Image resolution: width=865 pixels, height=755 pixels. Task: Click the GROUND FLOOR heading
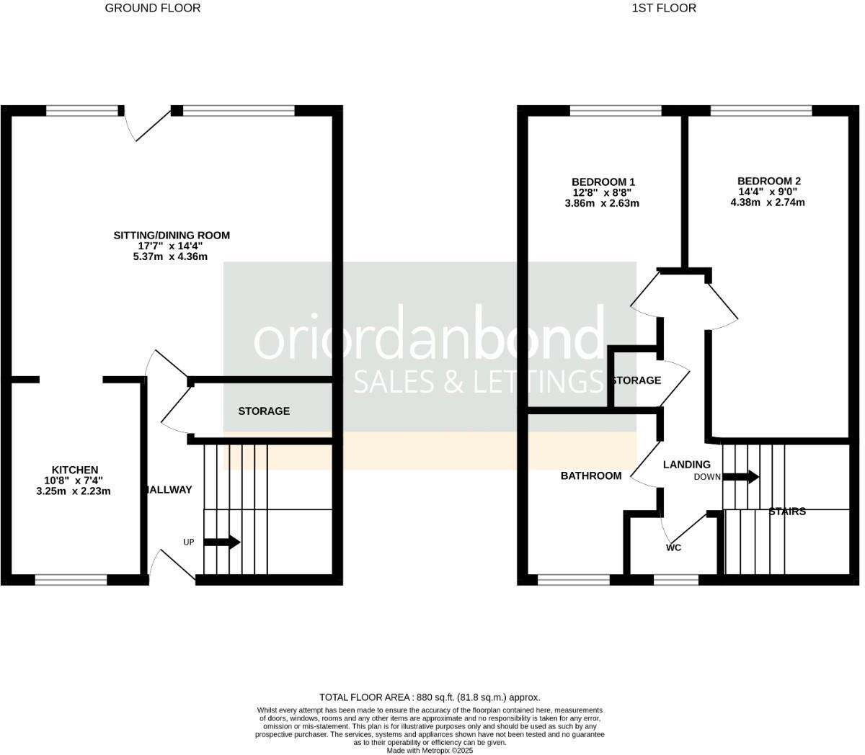pos(153,9)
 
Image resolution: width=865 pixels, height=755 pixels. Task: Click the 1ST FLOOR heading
pos(664,9)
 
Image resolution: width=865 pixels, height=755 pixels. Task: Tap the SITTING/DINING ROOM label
pos(172,236)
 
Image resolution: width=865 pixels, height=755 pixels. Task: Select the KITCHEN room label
pos(74,470)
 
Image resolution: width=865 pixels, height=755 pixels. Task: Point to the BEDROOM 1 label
pos(603,182)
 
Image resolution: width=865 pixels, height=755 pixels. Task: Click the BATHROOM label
pos(591,475)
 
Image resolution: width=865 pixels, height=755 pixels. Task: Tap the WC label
pos(673,548)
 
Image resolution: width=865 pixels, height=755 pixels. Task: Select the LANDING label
pos(686,465)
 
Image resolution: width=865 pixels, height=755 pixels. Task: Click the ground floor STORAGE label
pos(264,411)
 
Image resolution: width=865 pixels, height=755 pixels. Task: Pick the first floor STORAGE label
pos(636,380)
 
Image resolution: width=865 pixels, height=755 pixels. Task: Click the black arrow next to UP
pos(222,542)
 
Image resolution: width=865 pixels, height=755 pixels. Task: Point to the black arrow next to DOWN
pos(740,476)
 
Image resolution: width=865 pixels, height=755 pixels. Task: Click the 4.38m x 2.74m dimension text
pos(767,202)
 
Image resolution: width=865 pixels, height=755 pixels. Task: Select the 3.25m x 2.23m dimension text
pos(74,491)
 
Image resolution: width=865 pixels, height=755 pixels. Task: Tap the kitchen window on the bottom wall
pos(71,578)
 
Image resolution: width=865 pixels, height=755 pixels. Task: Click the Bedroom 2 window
pos(761,110)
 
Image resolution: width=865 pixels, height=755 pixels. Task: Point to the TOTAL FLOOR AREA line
pos(430,697)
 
